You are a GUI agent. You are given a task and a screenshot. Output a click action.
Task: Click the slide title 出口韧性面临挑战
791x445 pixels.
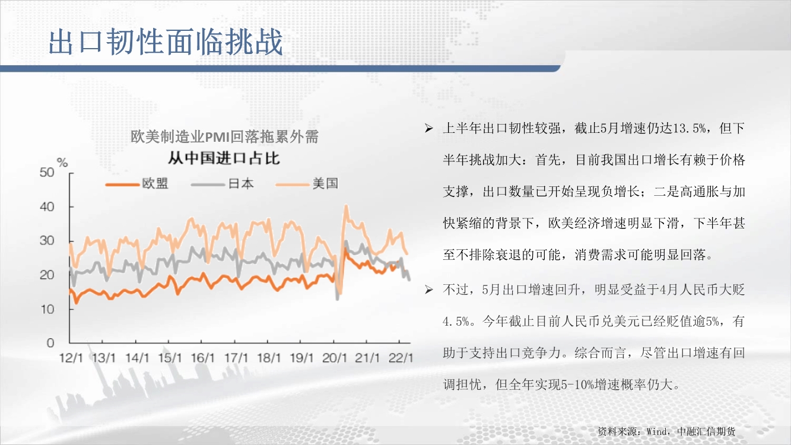[166, 42]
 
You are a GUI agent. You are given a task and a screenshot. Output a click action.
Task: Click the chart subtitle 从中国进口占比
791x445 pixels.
[224, 158]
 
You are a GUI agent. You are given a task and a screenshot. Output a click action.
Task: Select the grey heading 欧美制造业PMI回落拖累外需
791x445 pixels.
[224, 136]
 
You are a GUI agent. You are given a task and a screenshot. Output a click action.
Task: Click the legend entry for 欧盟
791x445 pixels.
[137, 184]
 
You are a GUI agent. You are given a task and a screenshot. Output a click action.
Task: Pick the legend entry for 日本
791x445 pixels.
[223, 184]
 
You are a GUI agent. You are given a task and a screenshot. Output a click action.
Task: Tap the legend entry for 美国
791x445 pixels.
[307, 184]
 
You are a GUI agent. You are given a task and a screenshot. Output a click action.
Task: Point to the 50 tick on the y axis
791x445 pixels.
[47, 172]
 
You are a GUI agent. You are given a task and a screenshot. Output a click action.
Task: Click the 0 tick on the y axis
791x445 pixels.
[50, 342]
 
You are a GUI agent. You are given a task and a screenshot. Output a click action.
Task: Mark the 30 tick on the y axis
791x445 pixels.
[47, 241]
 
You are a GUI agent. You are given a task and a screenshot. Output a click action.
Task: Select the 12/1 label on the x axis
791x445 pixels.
[71, 358]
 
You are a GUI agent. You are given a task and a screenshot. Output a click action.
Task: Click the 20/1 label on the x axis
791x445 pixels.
[335, 358]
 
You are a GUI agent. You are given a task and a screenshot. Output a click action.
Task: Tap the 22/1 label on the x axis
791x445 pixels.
[401, 358]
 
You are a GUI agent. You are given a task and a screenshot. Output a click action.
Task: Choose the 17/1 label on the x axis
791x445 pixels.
[236, 358]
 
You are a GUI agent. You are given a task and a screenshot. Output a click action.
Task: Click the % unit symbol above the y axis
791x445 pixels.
[62, 163]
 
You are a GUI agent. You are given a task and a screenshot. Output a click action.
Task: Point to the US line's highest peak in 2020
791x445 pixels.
[346, 205]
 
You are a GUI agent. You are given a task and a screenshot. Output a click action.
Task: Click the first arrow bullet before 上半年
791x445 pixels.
[428, 128]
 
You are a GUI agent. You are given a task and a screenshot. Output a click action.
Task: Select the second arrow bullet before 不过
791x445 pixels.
[428, 290]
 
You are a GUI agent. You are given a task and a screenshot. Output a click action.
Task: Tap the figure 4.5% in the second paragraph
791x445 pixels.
[456, 322]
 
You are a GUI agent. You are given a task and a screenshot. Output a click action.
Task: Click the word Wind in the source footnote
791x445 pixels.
[657, 431]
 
